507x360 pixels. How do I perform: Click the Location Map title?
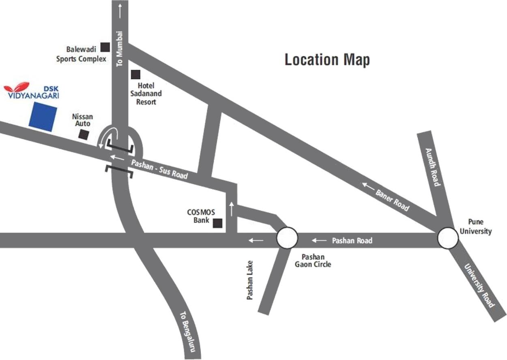[x=327, y=60]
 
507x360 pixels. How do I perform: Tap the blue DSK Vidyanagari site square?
[x=43, y=116]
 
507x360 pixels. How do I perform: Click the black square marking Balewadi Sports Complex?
[x=105, y=47]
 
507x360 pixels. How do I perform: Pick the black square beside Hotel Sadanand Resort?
[x=135, y=75]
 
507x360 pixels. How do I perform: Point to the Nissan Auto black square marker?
[x=84, y=135]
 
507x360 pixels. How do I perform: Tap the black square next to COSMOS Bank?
[x=218, y=223]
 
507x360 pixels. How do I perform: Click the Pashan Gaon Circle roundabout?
[x=287, y=238]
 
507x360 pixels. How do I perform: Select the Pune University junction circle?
[x=448, y=238]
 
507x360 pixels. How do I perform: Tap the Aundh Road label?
[x=432, y=167]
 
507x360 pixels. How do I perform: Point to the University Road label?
[x=480, y=286]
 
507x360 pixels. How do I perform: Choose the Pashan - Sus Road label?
[x=159, y=169]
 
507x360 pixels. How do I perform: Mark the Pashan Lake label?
[x=250, y=280]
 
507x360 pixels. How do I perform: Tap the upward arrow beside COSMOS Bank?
[x=232, y=209]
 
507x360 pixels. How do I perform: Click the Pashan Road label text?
[x=352, y=241]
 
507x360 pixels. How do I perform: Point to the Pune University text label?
[x=480, y=227]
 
